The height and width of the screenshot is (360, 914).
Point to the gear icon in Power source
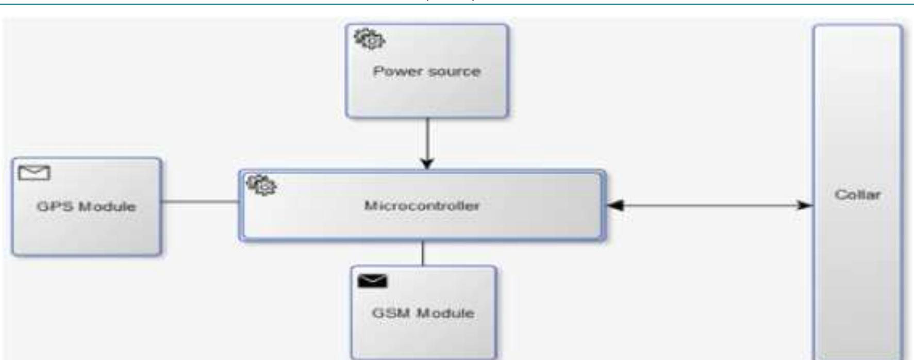(x=369, y=39)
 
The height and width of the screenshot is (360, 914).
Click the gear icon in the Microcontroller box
(x=261, y=185)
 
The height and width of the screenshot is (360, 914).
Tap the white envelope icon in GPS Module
(x=35, y=173)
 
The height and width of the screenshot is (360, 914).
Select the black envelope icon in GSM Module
(x=372, y=281)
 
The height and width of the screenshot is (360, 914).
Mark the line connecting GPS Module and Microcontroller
(x=200, y=201)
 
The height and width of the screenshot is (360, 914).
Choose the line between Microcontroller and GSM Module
(x=423, y=253)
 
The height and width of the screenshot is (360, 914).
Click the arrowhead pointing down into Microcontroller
(x=427, y=164)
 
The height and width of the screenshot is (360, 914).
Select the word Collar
(x=858, y=195)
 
